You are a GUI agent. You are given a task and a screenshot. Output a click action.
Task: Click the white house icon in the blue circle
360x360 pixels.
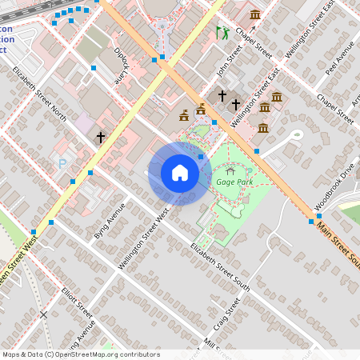180,173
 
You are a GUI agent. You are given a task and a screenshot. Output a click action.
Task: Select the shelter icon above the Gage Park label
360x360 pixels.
231,170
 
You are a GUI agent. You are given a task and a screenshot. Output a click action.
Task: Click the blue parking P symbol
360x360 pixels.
63,163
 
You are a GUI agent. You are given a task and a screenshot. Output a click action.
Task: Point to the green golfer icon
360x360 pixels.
222,33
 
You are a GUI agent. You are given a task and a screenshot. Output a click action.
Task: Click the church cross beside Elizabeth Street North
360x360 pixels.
101,138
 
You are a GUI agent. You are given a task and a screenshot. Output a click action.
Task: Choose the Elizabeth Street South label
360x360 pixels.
220,266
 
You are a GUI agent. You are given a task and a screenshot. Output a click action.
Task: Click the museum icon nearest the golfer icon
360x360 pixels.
255,14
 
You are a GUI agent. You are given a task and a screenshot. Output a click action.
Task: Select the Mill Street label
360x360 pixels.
212,345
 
